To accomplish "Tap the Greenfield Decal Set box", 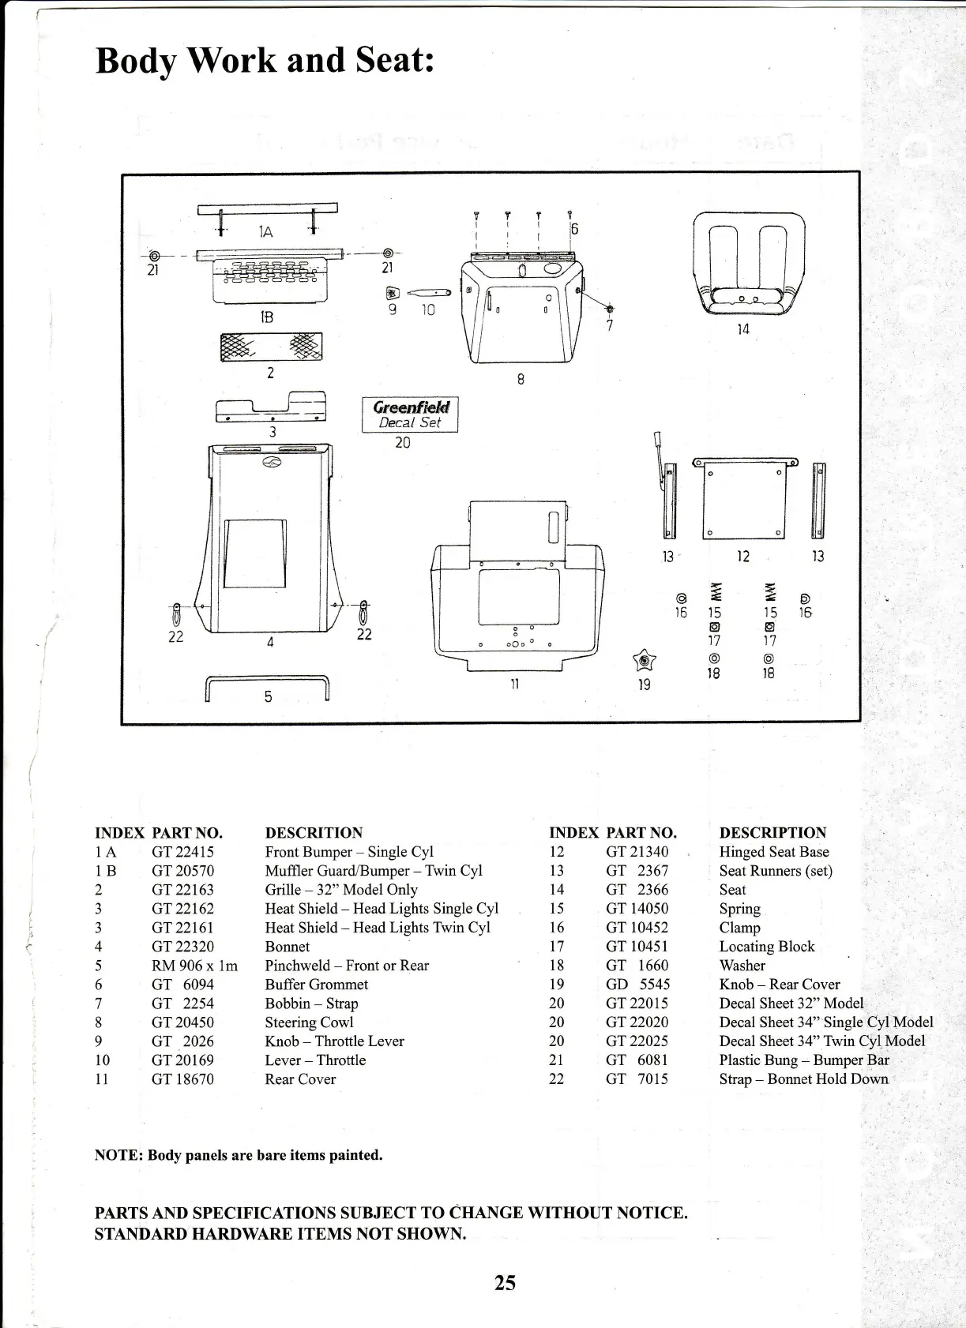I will point(410,415).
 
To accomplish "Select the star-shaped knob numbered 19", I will point(645,660).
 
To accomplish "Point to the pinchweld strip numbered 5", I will point(267,687).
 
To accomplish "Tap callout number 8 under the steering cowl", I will point(521,379).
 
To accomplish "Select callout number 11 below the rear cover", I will point(514,684).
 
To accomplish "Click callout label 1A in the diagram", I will point(266,231).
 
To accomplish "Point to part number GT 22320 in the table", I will point(182,947).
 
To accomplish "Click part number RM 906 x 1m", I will point(194,966).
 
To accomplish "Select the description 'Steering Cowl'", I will point(309,1022).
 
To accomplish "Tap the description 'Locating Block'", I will point(766,947).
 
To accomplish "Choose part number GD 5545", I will point(637,985).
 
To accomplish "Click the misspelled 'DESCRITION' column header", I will point(314,833).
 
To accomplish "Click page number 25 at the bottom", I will point(505,1283).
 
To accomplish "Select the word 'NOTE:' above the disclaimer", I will point(118,1155).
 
